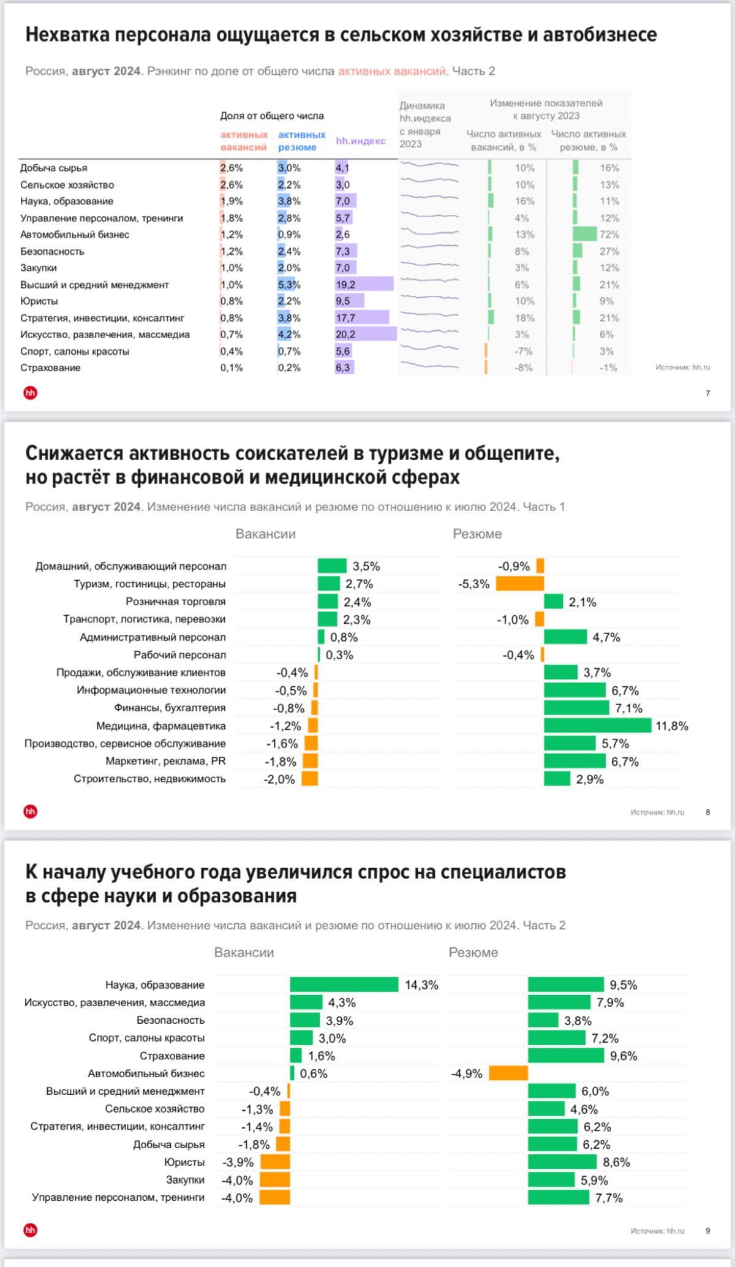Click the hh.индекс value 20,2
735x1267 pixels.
(345, 335)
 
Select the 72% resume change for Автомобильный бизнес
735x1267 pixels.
(609, 235)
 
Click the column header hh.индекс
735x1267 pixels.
(360, 141)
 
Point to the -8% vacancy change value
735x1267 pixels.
(523, 368)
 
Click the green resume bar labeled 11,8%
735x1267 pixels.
(597, 725)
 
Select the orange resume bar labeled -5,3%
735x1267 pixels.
(519, 584)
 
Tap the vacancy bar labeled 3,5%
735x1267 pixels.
(332, 566)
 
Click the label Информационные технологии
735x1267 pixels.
(151, 690)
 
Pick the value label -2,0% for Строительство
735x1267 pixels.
(279, 779)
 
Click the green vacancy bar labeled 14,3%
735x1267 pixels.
(344, 985)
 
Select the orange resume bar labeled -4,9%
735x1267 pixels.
(508, 1073)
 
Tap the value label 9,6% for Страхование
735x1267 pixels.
(624, 1056)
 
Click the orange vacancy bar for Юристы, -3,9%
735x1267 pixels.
(275, 1162)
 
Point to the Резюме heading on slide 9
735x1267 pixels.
(473, 953)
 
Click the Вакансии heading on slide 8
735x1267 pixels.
(265, 534)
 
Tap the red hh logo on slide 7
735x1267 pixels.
(31, 393)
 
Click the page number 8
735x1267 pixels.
(708, 812)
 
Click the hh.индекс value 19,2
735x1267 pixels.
(345, 284)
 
